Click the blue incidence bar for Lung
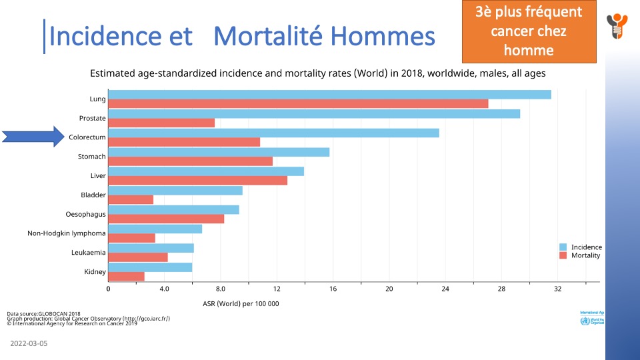(329, 94)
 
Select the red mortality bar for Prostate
(161, 123)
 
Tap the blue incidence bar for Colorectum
(273, 133)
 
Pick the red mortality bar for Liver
(197, 181)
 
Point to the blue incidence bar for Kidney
(150, 267)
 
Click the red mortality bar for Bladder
(131, 199)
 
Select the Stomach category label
(91, 157)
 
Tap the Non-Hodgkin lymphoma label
(67, 233)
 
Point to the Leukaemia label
(88, 253)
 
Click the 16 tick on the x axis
(333, 289)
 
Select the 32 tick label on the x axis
(557, 289)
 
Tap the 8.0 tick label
(220, 289)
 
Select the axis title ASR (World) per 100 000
(241, 304)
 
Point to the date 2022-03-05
(29, 343)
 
